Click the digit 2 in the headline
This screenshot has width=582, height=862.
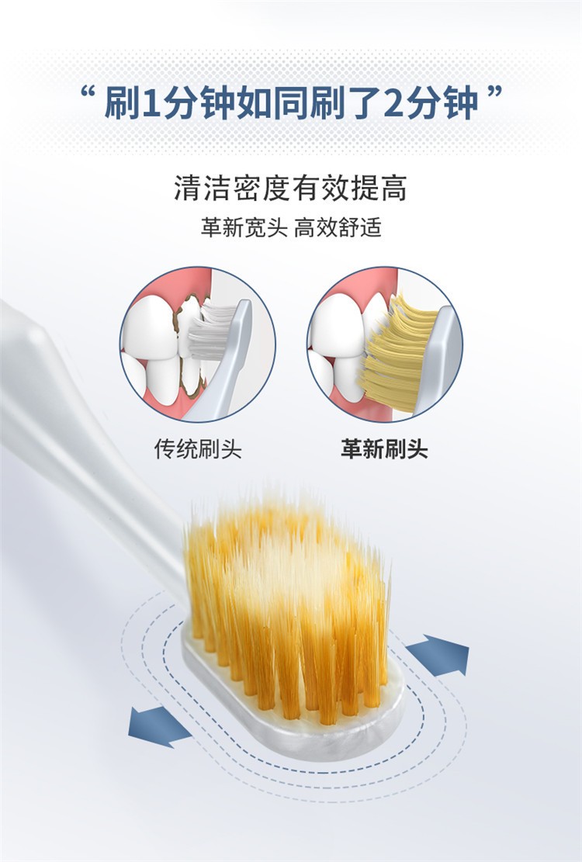[397, 103]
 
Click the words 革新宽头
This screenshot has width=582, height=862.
[244, 228]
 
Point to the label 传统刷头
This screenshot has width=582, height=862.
[197, 449]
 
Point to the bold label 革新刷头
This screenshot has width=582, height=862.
[384, 449]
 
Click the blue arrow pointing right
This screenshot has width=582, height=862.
[439, 655]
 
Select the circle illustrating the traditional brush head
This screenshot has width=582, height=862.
[197, 345]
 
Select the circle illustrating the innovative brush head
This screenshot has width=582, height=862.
[384, 345]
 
